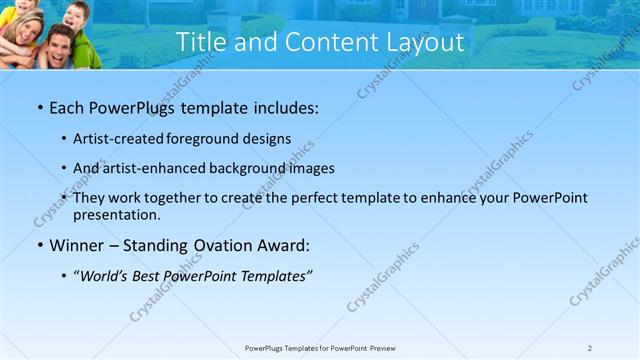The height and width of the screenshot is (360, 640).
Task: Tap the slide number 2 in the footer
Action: tap(590, 348)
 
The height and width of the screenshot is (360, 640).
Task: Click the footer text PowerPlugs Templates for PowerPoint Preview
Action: tap(320, 348)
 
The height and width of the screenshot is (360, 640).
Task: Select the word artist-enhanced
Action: tap(157, 168)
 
